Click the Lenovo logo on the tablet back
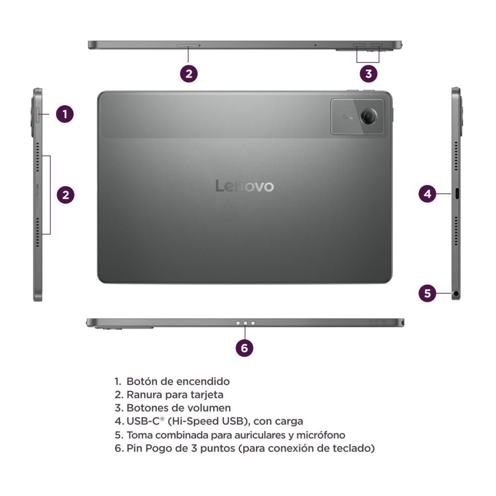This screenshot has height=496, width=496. point(245,186)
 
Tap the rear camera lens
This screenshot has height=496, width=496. point(368,116)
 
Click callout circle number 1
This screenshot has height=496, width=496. point(65,114)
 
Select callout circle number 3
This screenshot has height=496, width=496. point(368,74)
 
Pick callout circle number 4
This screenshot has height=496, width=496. point(428,193)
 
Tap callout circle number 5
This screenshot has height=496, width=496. point(428,293)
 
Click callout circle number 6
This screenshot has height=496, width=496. point(245,348)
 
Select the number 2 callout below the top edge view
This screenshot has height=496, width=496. point(188,74)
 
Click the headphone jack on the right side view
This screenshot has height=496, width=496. point(456,294)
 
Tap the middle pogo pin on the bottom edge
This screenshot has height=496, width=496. point(245,323)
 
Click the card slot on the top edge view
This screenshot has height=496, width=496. point(188,45)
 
